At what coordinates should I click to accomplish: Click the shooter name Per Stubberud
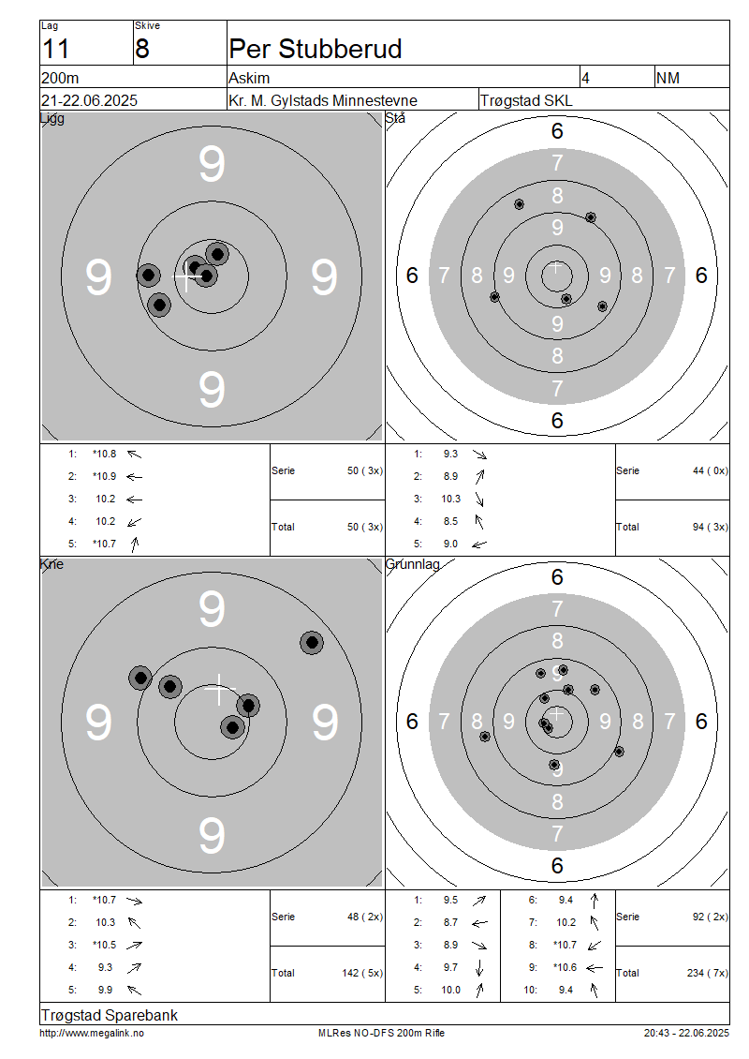pyautogui.click(x=316, y=50)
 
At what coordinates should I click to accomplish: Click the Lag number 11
pyautogui.click(x=55, y=50)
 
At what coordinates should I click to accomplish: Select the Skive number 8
pyautogui.click(x=142, y=50)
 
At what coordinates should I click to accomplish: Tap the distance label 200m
pyautogui.click(x=60, y=79)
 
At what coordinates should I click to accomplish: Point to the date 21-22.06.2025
pyautogui.click(x=89, y=100)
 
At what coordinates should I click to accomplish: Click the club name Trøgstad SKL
pyautogui.click(x=526, y=101)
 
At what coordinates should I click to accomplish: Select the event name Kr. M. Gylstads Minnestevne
pyautogui.click(x=323, y=101)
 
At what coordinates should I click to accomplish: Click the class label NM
pyautogui.click(x=668, y=79)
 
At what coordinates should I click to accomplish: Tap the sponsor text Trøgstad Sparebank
pyautogui.click(x=110, y=1016)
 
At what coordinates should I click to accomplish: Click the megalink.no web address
pyautogui.click(x=92, y=1034)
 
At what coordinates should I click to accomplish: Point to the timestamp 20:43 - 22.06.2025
pyautogui.click(x=686, y=1034)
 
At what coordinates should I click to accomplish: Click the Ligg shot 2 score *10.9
pyautogui.click(x=105, y=477)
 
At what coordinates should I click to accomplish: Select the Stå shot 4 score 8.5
pyautogui.click(x=450, y=521)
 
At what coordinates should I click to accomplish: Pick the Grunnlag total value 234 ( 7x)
pyautogui.click(x=707, y=973)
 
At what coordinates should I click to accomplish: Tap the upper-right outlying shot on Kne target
pyautogui.click(x=312, y=642)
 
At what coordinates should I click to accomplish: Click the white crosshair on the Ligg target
pyautogui.click(x=187, y=276)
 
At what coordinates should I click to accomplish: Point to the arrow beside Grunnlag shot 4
pyautogui.click(x=479, y=968)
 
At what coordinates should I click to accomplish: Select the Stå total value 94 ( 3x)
pyautogui.click(x=710, y=527)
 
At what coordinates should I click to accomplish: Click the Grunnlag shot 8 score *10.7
pyautogui.click(x=565, y=945)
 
